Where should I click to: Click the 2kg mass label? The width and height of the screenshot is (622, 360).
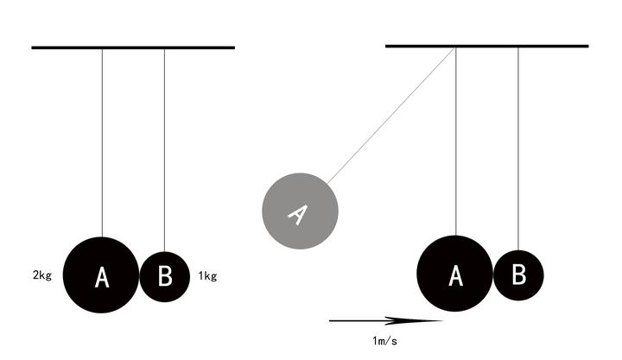[x=42, y=275]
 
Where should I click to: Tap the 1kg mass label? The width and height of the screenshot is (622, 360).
[x=207, y=276]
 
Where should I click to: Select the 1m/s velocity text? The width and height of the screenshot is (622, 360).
[x=384, y=340]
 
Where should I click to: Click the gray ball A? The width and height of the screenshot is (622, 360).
[x=301, y=211]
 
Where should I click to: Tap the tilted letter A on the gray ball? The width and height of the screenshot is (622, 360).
[x=298, y=215]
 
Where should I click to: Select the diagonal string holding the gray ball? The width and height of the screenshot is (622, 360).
[x=391, y=116]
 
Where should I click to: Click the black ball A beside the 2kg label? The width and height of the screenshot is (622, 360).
[x=101, y=275]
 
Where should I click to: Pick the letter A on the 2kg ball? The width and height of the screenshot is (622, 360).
[x=102, y=277]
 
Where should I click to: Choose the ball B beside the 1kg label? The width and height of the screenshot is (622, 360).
[x=165, y=277]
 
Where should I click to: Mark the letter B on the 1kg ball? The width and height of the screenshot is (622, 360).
[x=165, y=275]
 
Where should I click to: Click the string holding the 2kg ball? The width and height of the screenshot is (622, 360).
[x=102, y=142]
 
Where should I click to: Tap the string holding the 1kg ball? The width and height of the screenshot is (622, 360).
[x=165, y=150]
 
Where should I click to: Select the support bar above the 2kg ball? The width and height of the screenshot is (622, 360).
[x=133, y=47]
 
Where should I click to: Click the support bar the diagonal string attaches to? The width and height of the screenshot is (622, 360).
[x=487, y=46]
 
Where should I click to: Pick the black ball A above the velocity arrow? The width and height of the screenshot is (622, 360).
[x=455, y=274]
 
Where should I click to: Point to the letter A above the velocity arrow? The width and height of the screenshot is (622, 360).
[x=456, y=275]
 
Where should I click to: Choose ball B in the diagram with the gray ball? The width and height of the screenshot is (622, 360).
[x=518, y=275]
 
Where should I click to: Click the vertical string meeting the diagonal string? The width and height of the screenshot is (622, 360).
[x=456, y=142]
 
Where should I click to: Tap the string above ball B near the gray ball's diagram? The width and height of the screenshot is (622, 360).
[x=518, y=149]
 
